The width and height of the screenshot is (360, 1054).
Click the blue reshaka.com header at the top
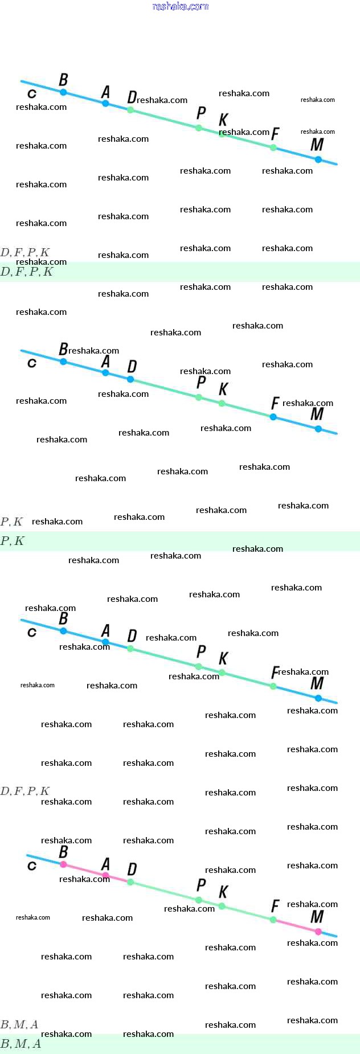coord(181,6)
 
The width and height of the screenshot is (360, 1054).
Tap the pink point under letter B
coord(63,864)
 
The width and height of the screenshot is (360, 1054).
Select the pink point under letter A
coord(105,875)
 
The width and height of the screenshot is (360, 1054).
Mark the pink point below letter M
coord(318,932)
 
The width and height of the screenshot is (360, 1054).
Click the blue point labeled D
coord(130,379)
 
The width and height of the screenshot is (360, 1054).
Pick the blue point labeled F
coord(273,417)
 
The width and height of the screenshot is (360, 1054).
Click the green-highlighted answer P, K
coord(13,541)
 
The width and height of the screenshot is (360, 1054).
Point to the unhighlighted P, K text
coord(12,522)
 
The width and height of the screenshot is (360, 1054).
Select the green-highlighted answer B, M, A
coord(21,1044)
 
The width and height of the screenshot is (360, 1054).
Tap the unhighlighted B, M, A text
coord(20,1024)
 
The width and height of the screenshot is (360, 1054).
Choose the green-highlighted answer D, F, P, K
coord(27,272)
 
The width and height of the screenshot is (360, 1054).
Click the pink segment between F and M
coord(296,926)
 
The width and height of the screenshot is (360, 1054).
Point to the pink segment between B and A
coord(84,870)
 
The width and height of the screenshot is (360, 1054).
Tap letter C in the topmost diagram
coord(32,93)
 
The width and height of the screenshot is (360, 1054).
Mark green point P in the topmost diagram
coord(199,128)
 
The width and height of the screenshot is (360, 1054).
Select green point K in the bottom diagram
coord(222,906)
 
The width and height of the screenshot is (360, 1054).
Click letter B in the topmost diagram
coord(63,80)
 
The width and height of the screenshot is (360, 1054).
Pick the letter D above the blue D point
coord(132,366)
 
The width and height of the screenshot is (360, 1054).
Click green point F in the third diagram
coord(273,686)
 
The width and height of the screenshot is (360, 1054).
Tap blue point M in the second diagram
coord(318,429)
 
